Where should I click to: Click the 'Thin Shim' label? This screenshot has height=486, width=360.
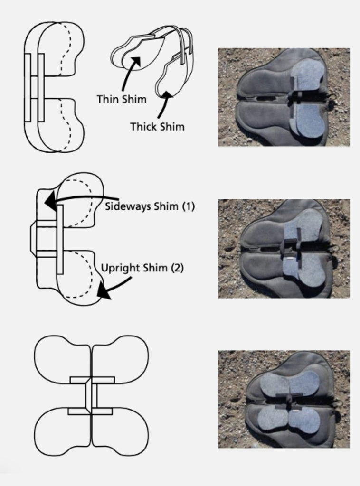tap(122, 99)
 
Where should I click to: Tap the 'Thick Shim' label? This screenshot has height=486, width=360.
tap(157, 127)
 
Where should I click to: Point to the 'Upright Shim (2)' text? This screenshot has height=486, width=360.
tap(142, 268)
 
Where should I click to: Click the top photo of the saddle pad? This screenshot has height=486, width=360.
tap(284, 97)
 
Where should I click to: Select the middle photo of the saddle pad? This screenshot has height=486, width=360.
tap(284, 248)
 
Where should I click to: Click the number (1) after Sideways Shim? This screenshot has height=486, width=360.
tap(189, 207)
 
